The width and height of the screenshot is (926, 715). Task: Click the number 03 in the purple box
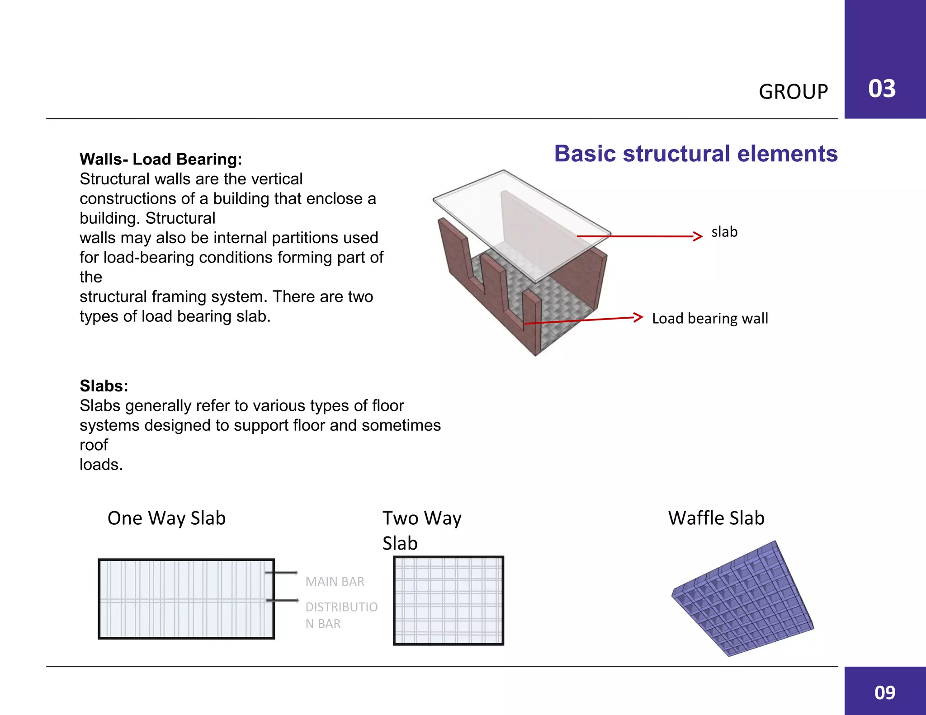click(x=882, y=89)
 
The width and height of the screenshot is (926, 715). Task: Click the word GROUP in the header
click(x=793, y=92)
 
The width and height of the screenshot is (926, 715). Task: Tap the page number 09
click(x=884, y=692)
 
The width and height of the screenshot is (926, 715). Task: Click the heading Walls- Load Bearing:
click(x=161, y=159)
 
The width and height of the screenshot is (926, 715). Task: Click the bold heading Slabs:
click(x=104, y=386)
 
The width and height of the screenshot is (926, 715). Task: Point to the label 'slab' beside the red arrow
click(x=724, y=232)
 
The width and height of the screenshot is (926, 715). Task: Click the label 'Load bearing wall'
click(x=710, y=318)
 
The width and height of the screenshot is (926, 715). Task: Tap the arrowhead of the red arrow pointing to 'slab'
click(x=699, y=236)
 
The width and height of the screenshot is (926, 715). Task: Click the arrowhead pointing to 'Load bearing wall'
click(x=638, y=317)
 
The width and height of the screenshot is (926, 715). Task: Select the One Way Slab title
click(x=166, y=518)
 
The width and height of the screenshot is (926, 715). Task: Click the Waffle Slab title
click(x=716, y=518)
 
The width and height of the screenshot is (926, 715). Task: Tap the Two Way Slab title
click(x=421, y=530)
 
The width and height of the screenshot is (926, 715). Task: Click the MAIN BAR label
click(x=335, y=582)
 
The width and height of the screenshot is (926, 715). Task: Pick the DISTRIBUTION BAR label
click(x=341, y=615)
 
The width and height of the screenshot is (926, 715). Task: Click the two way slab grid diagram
click(x=448, y=600)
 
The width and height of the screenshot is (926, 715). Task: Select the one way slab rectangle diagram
click(x=186, y=599)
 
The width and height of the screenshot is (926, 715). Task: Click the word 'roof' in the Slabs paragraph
click(x=94, y=445)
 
